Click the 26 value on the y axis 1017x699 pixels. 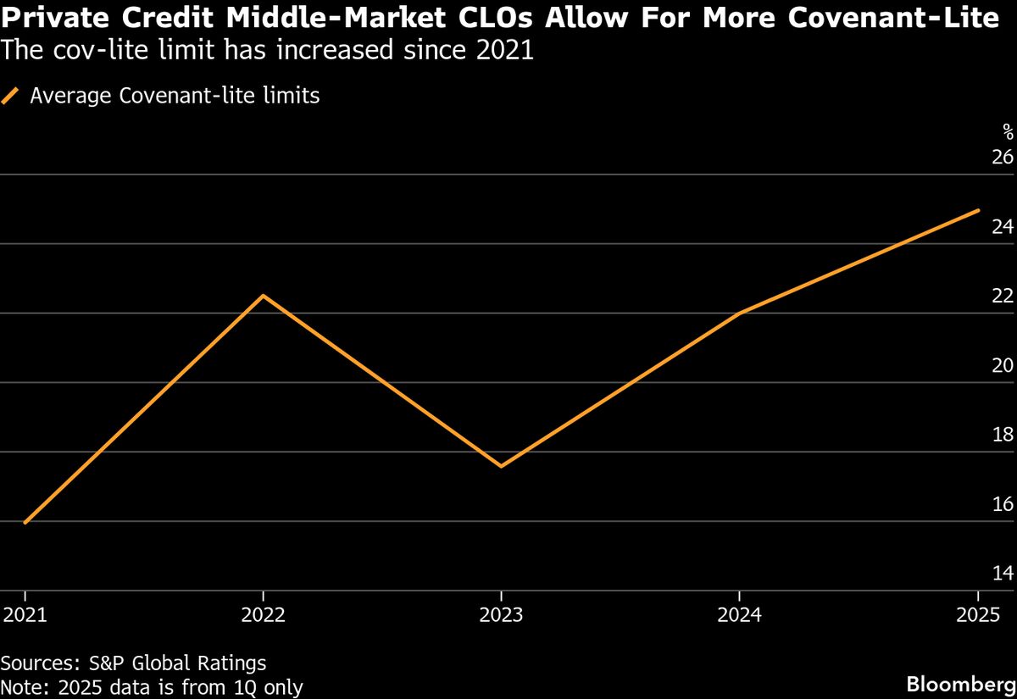point(1002,158)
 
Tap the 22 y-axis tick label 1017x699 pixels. point(1002,297)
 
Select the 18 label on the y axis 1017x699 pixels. point(1002,435)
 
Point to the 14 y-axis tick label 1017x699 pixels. point(1002,574)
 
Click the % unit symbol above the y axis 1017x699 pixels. point(1007,131)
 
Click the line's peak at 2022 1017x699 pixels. point(264,296)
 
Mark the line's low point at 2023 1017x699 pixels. point(502,466)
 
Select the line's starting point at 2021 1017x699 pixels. point(25,523)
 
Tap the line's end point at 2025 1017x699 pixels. point(978,210)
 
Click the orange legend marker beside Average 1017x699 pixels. point(11,97)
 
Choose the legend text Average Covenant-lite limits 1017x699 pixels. point(175,96)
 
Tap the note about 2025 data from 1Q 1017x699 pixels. point(152,686)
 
